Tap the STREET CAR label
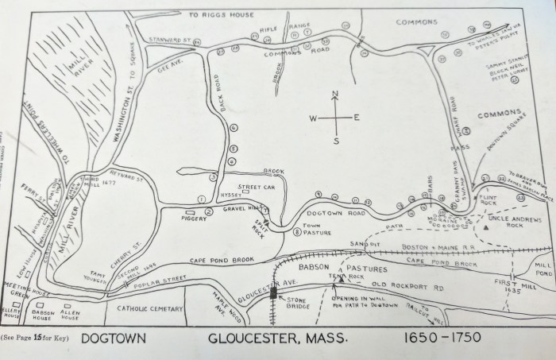(x=257, y=187)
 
